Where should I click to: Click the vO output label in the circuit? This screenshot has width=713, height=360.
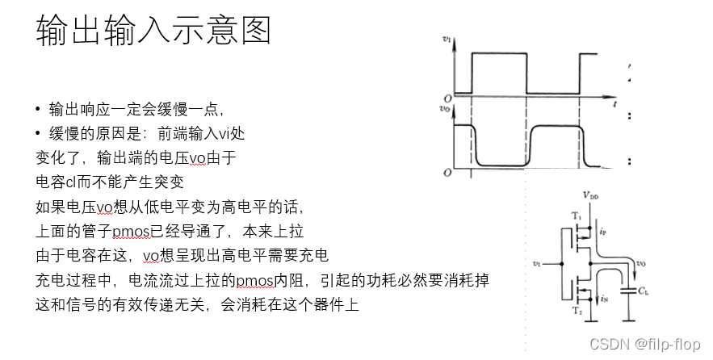coord(640,262)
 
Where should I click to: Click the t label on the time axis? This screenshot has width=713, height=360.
coord(614,105)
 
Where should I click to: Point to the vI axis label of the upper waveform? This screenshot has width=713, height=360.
coord(447,39)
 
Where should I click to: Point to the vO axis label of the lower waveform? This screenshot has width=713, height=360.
coord(445,107)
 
